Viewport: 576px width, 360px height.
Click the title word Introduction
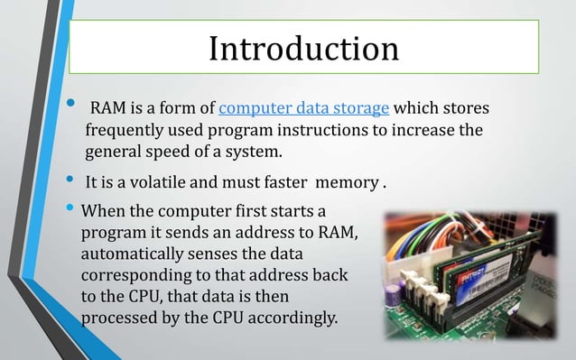tap(303, 48)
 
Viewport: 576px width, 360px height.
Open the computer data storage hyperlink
tap(304, 109)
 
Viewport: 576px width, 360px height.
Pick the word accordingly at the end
tap(293, 317)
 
